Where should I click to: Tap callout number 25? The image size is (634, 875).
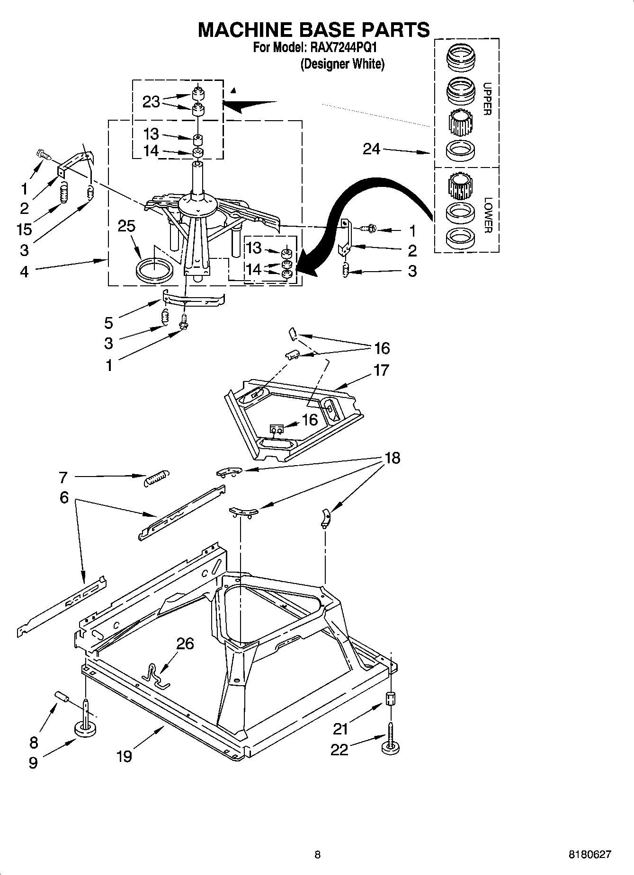[x=126, y=226]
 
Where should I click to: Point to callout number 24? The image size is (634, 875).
[x=371, y=149]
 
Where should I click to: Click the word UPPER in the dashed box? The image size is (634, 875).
[x=487, y=99]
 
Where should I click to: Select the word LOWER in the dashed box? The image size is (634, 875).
[x=488, y=215]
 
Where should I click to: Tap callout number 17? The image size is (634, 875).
[x=381, y=370]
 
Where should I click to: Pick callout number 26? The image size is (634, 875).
[x=185, y=644]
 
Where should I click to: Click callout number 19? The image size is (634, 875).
[x=124, y=756]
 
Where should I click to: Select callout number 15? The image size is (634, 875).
[x=24, y=229]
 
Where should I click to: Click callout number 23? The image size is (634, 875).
[x=151, y=101]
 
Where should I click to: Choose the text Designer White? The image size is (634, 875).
[x=342, y=64]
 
